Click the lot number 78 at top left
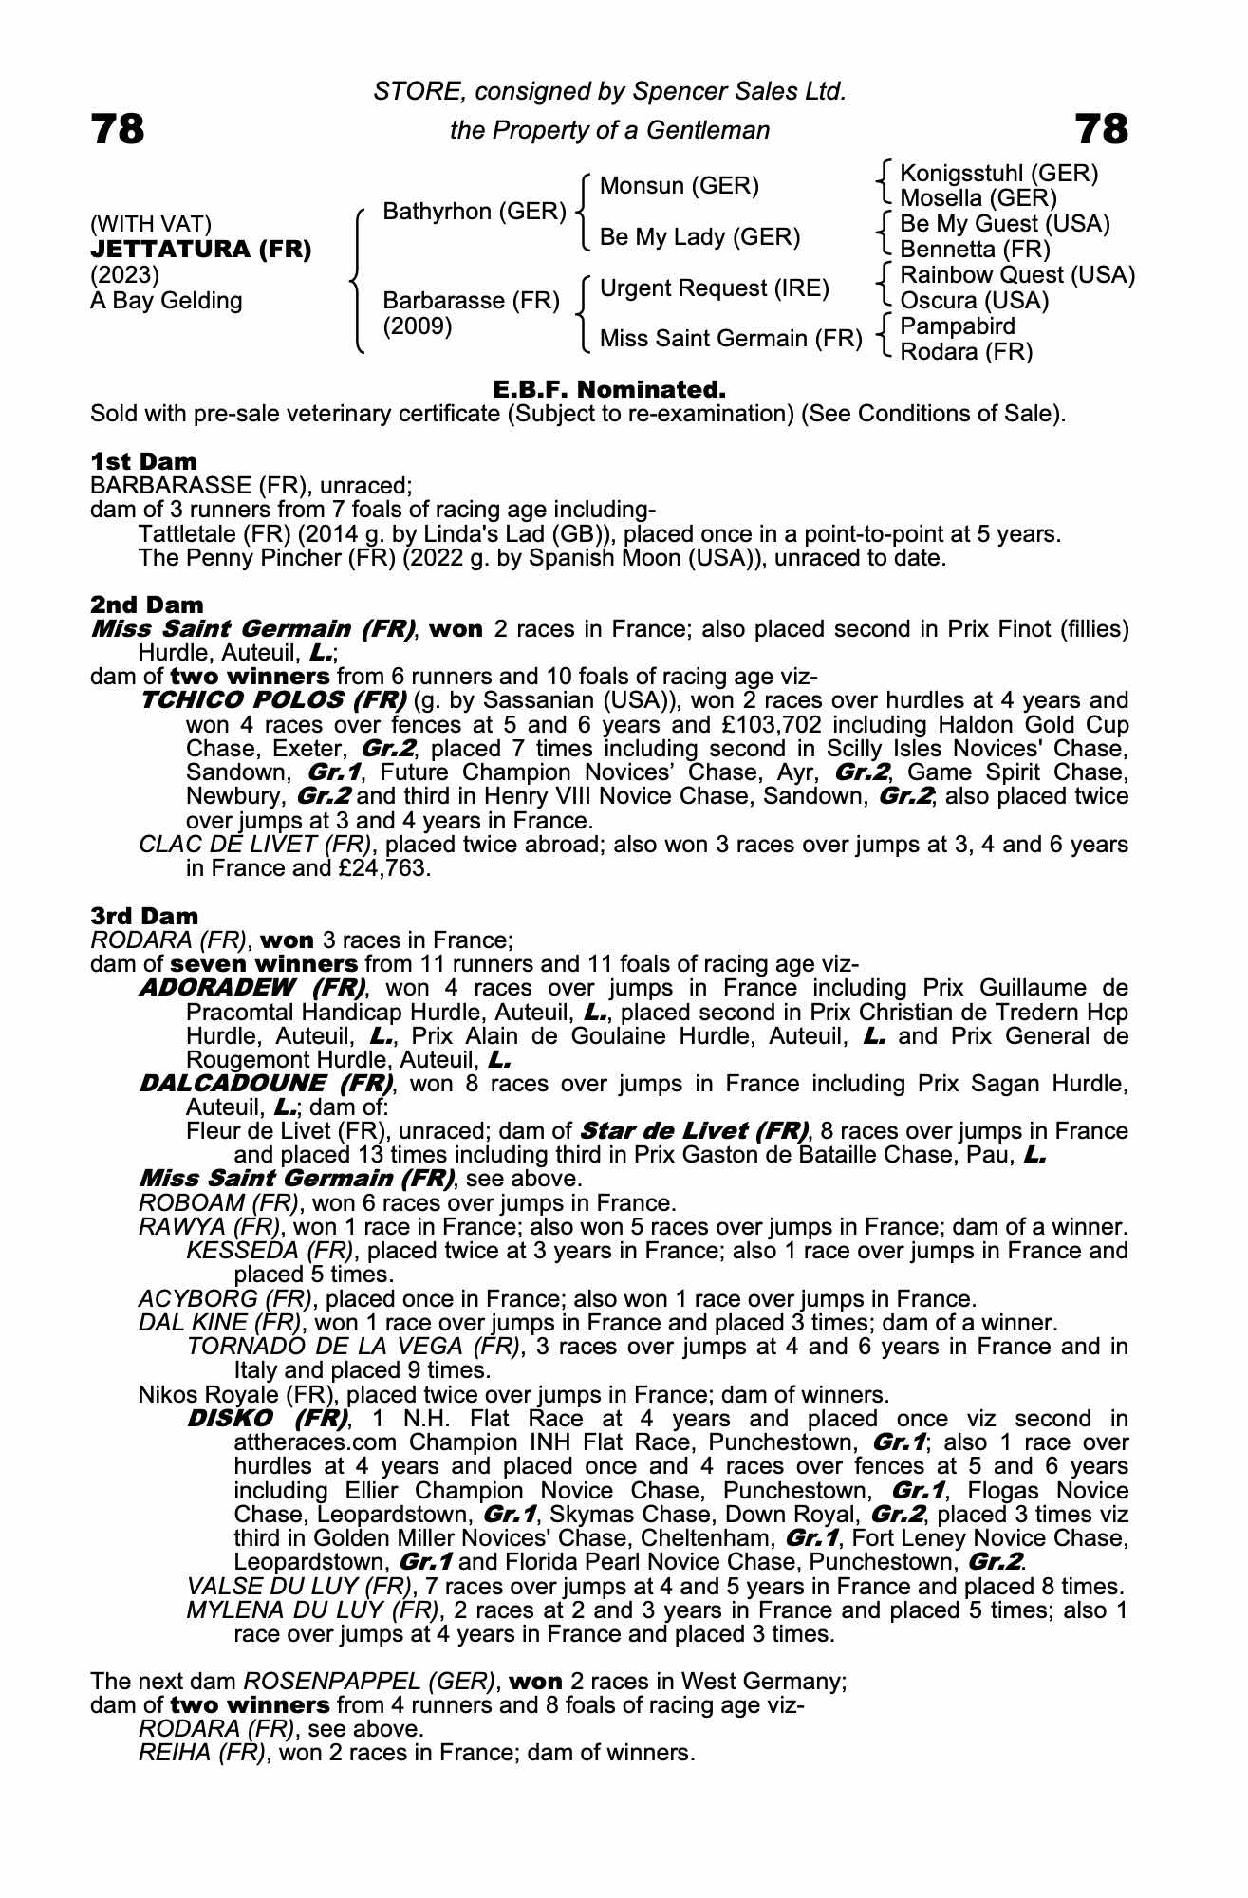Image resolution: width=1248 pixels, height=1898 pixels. (x=118, y=129)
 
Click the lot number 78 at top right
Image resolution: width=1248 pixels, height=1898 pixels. (x=1101, y=129)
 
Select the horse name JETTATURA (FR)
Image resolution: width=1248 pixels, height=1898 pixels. (x=200, y=251)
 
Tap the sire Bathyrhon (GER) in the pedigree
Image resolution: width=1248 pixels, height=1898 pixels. (x=474, y=212)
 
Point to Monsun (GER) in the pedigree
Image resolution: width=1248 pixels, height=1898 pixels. (x=680, y=186)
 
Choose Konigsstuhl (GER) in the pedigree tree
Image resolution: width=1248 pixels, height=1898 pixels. (x=998, y=174)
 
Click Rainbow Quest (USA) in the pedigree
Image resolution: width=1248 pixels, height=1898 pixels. (x=1017, y=275)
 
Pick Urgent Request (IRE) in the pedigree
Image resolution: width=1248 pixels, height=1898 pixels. (x=715, y=288)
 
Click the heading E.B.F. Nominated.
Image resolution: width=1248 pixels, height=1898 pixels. (x=609, y=390)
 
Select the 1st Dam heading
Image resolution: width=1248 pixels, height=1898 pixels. (x=143, y=462)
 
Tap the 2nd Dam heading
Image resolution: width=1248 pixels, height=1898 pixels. (x=146, y=605)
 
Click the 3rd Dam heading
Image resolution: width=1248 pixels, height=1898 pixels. (x=144, y=916)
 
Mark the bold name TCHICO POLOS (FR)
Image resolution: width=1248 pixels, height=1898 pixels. (x=273, y=700)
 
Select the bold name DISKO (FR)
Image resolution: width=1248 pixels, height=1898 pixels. (x=268, y=1419)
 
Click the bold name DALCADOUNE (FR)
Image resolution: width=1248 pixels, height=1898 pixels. (x=266, y=1083)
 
